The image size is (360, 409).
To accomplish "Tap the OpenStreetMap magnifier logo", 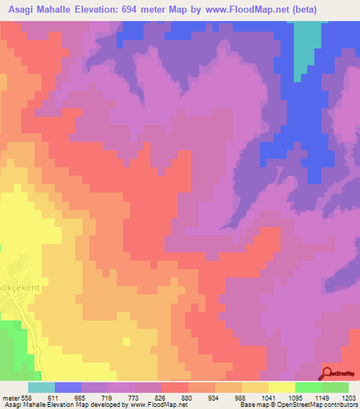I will pos(329,373).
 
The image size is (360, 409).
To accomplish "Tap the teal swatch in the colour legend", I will pos(41,387).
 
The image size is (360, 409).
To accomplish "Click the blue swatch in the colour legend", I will pos(68,387).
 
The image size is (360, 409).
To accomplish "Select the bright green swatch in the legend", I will pos(308,387).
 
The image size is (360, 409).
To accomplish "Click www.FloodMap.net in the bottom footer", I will pos(148,405).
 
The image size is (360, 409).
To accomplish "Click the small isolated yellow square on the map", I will pos(125,342).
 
